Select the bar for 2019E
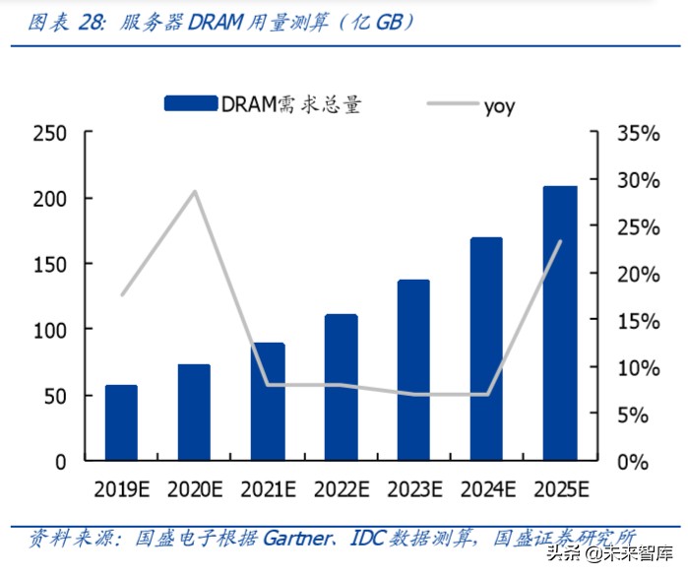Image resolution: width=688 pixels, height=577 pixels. pos(121,422)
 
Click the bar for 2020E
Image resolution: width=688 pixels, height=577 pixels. pos(194,413)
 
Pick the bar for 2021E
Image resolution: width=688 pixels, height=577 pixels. pos(267,402)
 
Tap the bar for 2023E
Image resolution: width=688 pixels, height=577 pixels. pos(413,370)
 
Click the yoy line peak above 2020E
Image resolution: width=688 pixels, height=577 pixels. pos(195,191)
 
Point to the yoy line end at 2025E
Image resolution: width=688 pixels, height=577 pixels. pos(560,241)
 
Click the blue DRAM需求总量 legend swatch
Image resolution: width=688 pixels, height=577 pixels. pos(190,103)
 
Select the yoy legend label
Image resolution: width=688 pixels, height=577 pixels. pos(499,105)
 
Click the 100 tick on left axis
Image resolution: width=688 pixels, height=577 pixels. pos(50,329)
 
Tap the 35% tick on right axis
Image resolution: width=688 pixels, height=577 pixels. pos(638,134)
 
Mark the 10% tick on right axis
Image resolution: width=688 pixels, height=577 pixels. pos(638,368)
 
